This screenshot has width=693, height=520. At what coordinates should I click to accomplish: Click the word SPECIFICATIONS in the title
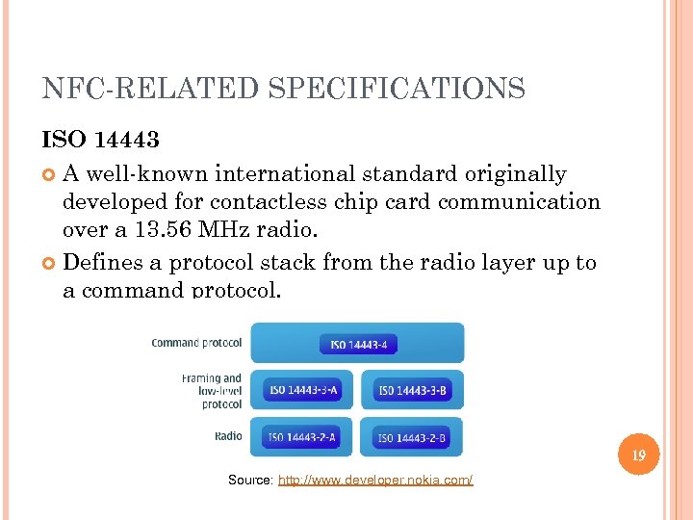click(x=397, y=90)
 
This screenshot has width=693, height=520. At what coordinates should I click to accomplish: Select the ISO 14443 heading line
click(x=101, y=140)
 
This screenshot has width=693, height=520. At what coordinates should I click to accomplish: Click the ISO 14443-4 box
click(x=358, y=344)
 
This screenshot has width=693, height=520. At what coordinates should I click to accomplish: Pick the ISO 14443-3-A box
click(x=303, y=390)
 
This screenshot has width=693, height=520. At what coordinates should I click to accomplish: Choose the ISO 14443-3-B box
click(x=412, y=390)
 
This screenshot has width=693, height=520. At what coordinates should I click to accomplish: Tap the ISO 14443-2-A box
click(x=303, y=437)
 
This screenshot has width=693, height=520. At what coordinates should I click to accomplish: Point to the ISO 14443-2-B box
click(x=412, y=437)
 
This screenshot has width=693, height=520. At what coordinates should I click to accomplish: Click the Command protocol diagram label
click(x=196, y=343)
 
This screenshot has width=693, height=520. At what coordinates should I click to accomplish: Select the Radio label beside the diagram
click(x=228, y=436)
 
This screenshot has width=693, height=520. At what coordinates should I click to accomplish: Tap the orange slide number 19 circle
click(x=638, y=454)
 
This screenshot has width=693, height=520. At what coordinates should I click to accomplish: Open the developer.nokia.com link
click(x=375, y=480)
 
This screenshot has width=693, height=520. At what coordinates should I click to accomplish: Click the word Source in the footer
click(x=250, y=480)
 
